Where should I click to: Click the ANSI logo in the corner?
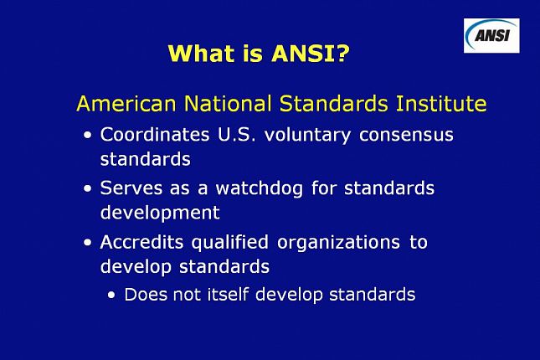[491, 35]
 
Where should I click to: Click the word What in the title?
[198, 54]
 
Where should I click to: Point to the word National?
[219, 105]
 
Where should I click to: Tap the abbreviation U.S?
[237, 134]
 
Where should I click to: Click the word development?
[160, 213]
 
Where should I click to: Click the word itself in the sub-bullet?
[229, 294]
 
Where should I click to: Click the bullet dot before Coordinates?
[88, 136]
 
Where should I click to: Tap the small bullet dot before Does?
[112, 296]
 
